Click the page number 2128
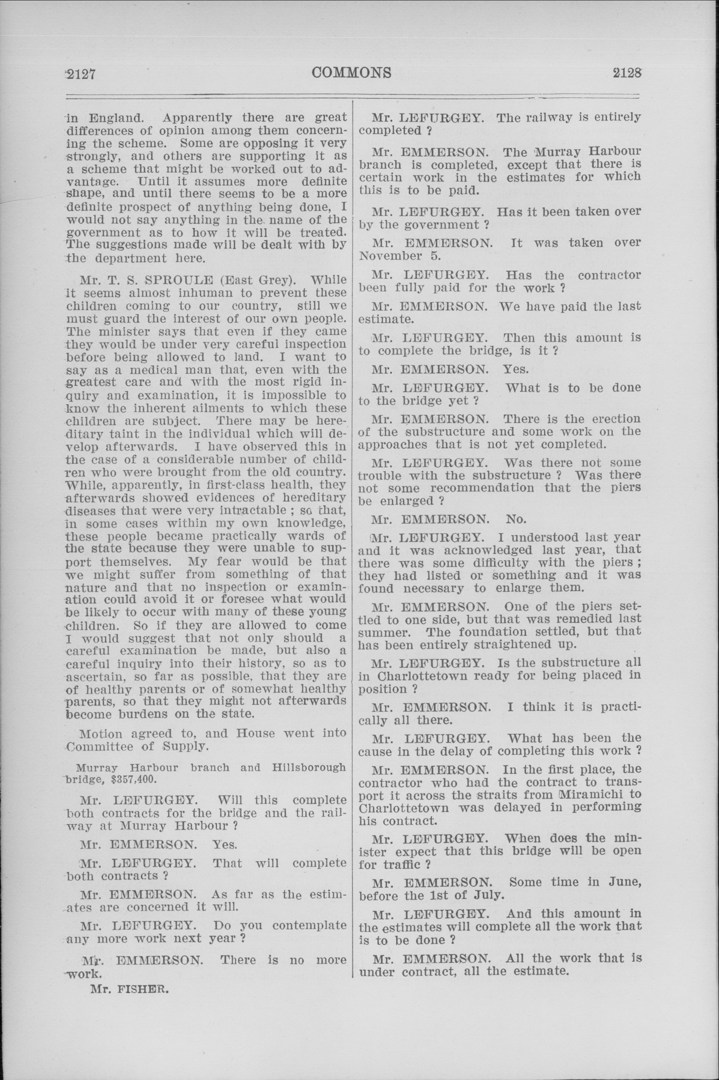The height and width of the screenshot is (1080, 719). (x=627, y=72)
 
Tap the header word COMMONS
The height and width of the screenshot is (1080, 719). (x=351, y=72)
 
